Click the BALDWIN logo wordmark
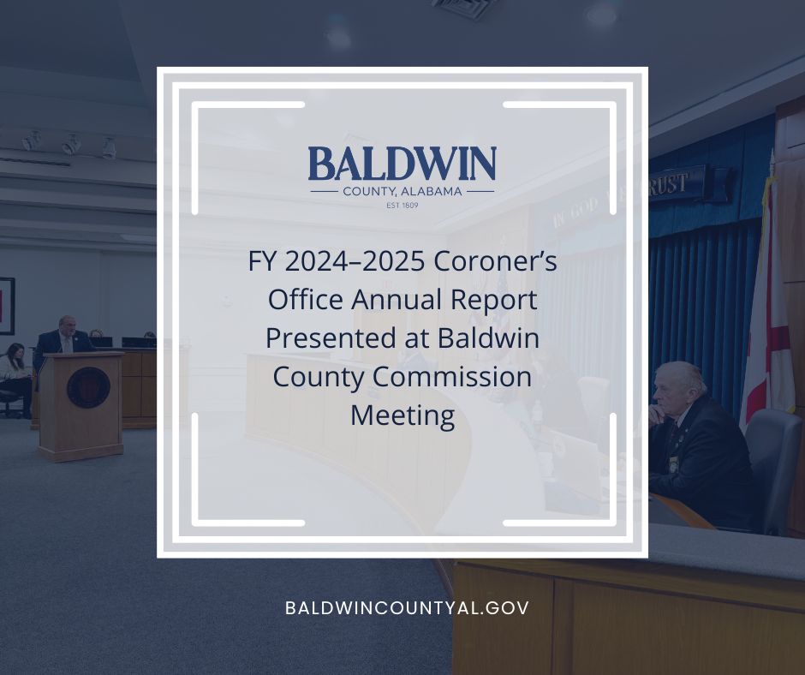[x=402, y=164]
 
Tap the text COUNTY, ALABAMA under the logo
[x=402, y=191]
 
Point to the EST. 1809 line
[x=402, y=206]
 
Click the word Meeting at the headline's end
[x=402, y=416]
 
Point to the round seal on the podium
[x=87, y=387]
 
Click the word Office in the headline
[x=305, y=301]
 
